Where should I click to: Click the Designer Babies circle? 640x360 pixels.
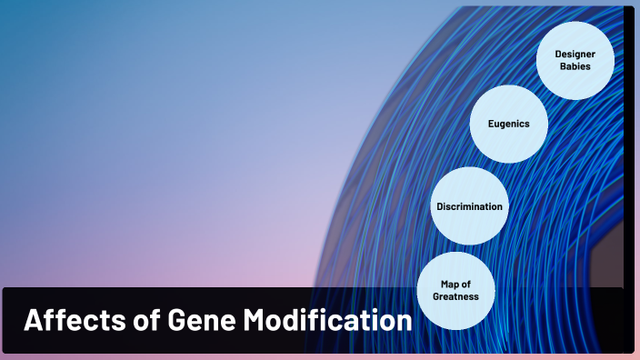(x=575, y=61)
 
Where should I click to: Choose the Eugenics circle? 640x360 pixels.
(x=508, y=124)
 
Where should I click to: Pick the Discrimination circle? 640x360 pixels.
(x=469, y=206)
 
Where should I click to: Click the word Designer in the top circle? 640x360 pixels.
(x=575, y=55)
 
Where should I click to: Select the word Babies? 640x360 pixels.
(x=575, y=67)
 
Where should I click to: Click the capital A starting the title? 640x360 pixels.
(x=32, y=321)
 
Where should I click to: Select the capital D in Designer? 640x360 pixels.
(x=558, y=55)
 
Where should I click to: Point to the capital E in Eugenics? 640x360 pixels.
(x=490, y=124)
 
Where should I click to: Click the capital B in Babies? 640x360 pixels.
(x=563, y=67)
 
